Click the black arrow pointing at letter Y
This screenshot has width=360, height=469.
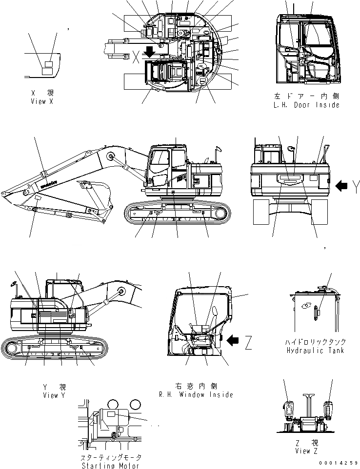pos(342,185)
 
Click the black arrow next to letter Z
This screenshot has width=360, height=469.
pos(235,339)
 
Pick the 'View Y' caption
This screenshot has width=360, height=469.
pos(54,395)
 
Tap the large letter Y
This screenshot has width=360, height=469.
pos(356,185)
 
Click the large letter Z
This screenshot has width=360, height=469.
pos(248,344)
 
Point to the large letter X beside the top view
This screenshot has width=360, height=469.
pos(136,58)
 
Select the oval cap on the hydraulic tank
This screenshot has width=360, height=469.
pos(307,306)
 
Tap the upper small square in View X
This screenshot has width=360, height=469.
pos(48,64)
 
